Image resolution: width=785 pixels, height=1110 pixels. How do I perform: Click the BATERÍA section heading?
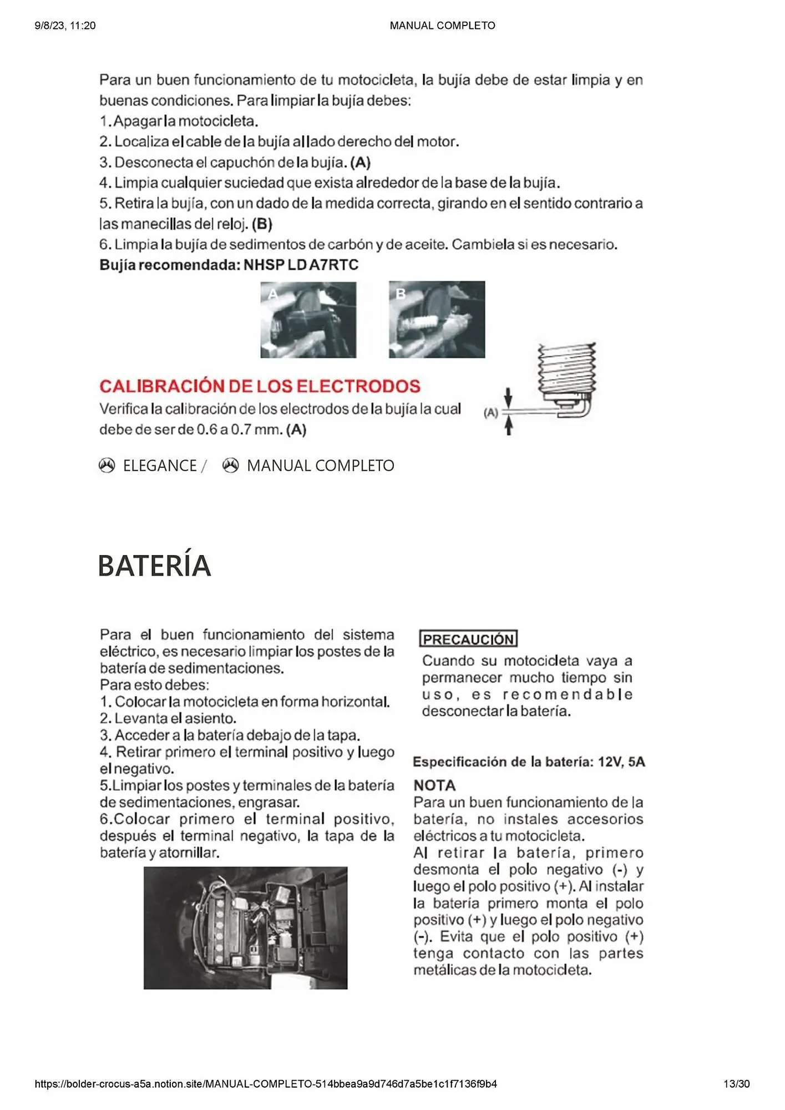pyautogui.click(x=154, y=566)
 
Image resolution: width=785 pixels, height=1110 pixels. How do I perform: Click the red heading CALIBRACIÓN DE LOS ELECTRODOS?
pyautogui.click(x=260, y=386)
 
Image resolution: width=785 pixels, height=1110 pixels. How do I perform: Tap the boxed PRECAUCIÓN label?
pyautogui.click(x=468, y=639)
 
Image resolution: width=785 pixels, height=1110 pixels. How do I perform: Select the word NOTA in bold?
pyautogui.click(x=434, y=785)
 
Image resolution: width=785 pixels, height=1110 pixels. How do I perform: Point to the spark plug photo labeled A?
pyautogui.click(x=308, y=320)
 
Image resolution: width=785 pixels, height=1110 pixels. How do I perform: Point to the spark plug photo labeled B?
pyautogui.click(x=437, y=320)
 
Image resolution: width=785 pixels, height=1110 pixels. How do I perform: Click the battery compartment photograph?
pyautogui.click(x=245, y=928)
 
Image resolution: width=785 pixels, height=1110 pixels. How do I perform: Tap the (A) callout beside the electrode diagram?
pyautogui.click(x=491, y=412)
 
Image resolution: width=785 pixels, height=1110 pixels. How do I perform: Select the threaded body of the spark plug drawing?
pyautogui.click(x=566, y=369)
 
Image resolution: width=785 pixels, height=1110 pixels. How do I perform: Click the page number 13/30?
pyautogui.click(x=736, y=1084)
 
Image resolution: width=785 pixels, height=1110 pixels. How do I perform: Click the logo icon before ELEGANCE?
pyautogui.click(x=107, y=465)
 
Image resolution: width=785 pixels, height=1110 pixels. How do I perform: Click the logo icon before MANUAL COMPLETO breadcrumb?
pyautogui.click(x=231, y=465)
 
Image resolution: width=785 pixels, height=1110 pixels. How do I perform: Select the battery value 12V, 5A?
pyautogui.click(x=621, y=762)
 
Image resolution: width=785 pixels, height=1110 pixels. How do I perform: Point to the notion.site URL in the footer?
pyautogui.click(x=266, y=1084)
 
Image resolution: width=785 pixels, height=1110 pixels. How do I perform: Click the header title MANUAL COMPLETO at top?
pyautogui.click(x=442, y=26)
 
